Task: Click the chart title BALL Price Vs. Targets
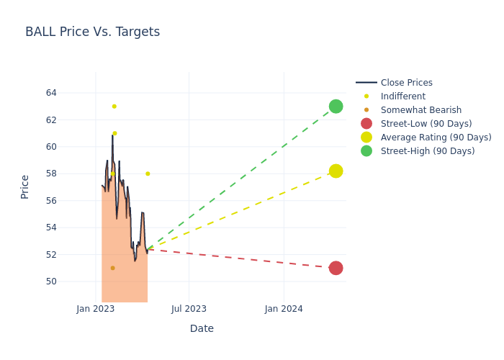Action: (x=92, y=32)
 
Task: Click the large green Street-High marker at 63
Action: (x=336, y=107)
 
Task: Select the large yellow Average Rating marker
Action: (x=336, y=171)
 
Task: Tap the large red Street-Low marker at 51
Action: (x=336, y=268)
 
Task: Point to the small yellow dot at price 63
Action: (x=114, y=107)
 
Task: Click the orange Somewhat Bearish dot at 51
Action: (x=112, y=268)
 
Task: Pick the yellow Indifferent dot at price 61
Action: (x=114, y=133)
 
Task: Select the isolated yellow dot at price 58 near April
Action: (x=148, y=174)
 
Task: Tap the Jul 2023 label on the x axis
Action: (x=189, y=309)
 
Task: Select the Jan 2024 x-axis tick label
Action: (x=284, y=309)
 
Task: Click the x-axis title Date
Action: (x=202, y=328)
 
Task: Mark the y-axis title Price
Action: (x=25, y=186)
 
